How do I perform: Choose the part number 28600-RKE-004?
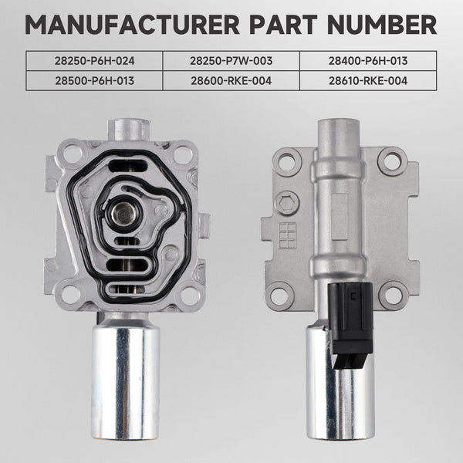point(231,79)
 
